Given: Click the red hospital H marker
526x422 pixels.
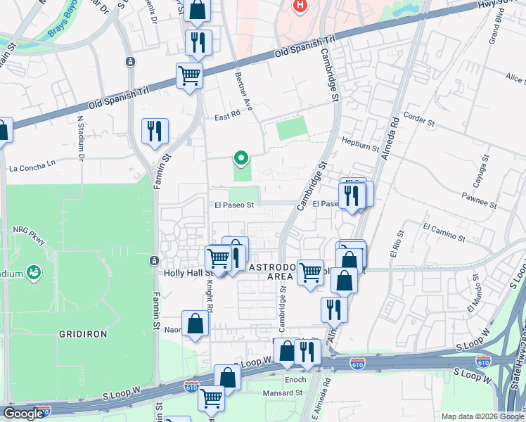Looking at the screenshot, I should click(300, 6).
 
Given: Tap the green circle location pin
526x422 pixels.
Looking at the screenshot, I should click(241, 158).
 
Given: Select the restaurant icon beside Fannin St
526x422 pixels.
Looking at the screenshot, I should click(155, 131).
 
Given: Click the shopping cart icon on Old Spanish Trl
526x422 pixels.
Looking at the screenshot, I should click(189, 75).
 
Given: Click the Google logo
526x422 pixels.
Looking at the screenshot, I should click(23, 414).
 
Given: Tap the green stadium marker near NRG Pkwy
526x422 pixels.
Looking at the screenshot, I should click(32, 271).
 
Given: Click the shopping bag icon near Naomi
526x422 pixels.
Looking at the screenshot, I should click(195, 324).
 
